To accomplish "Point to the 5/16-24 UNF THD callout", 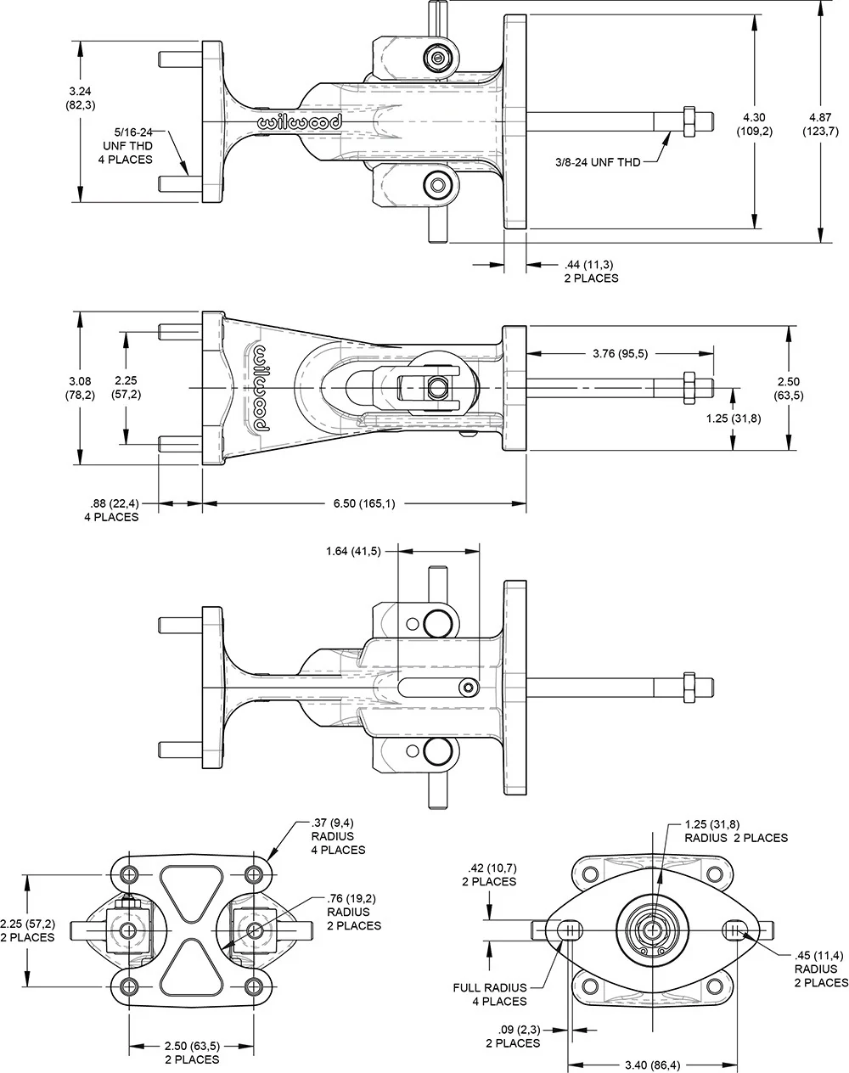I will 134,145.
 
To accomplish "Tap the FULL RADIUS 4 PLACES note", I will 491,994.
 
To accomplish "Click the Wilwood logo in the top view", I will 299,122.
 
